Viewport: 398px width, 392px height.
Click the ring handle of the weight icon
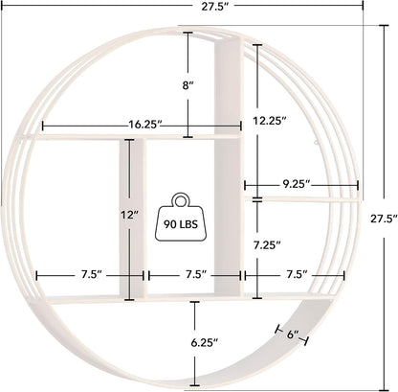click(x=181, y=200)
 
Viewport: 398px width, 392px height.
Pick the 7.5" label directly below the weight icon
click(x=195, y=274)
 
